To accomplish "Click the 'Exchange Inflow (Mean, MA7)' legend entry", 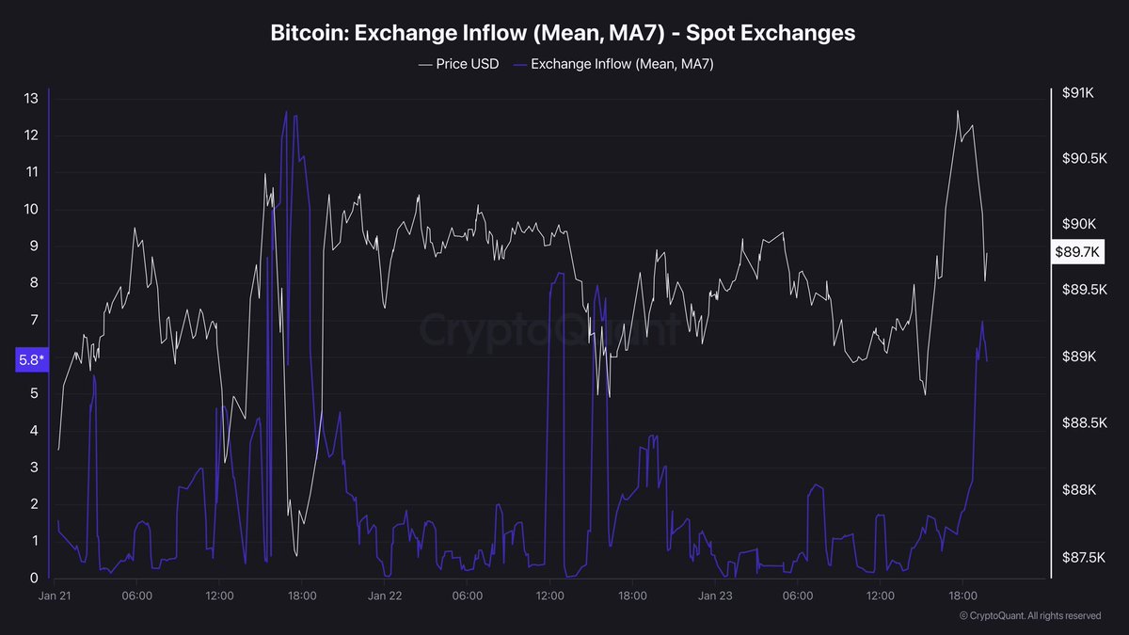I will click(x=622, y=64).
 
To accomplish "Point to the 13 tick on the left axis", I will click(x=31, y=98).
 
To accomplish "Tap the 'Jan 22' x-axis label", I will click(x=385, y=596).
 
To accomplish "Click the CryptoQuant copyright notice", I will click(x=1030, y=616).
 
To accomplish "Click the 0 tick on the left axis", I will click(x=34, y=578).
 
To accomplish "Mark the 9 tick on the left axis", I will click(x=34, y=246).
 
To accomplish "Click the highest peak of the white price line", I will click(x=958, y=111).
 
